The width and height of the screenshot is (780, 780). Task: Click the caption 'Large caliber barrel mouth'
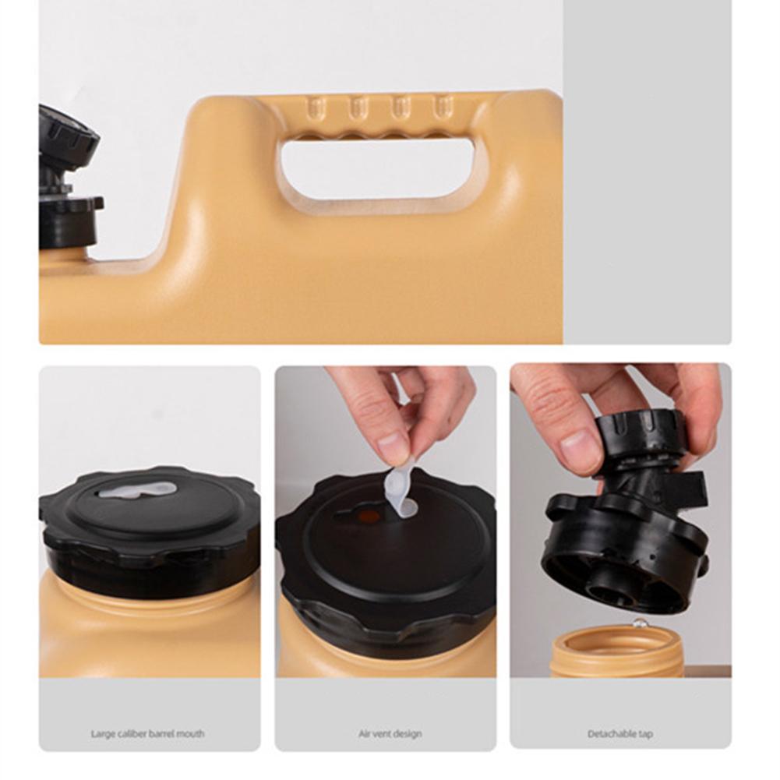click(x=147, y=733)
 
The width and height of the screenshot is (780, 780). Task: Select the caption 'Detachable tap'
click(x=620, y=733)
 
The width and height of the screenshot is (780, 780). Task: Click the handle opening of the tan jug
click(x=377, y=168)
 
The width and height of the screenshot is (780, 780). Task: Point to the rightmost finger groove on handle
click(x=442, y=107)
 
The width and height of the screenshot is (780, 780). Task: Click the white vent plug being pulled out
click(x=400, y=492)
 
